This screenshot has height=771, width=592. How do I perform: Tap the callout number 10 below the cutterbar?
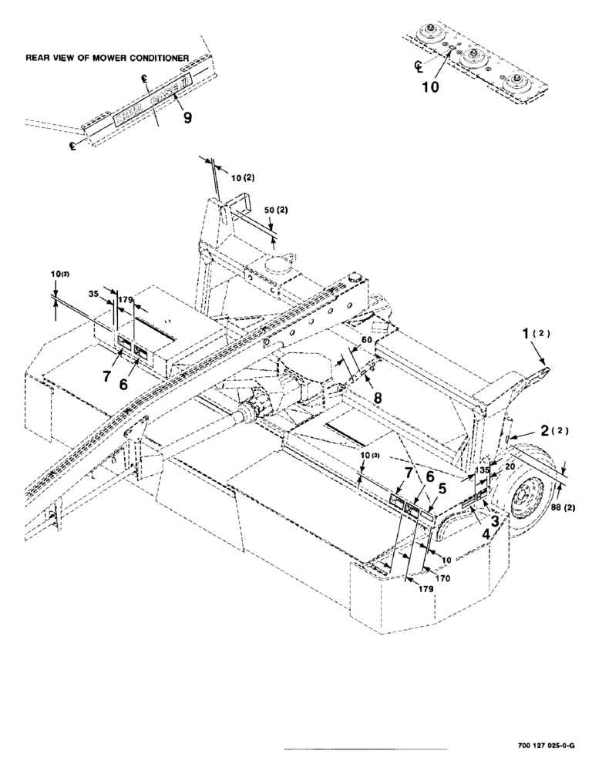click(x=431, y=87)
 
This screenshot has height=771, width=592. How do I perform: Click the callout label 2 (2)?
click(x=551, y=433)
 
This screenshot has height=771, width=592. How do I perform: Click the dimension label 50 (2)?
click(x=274, y=210)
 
